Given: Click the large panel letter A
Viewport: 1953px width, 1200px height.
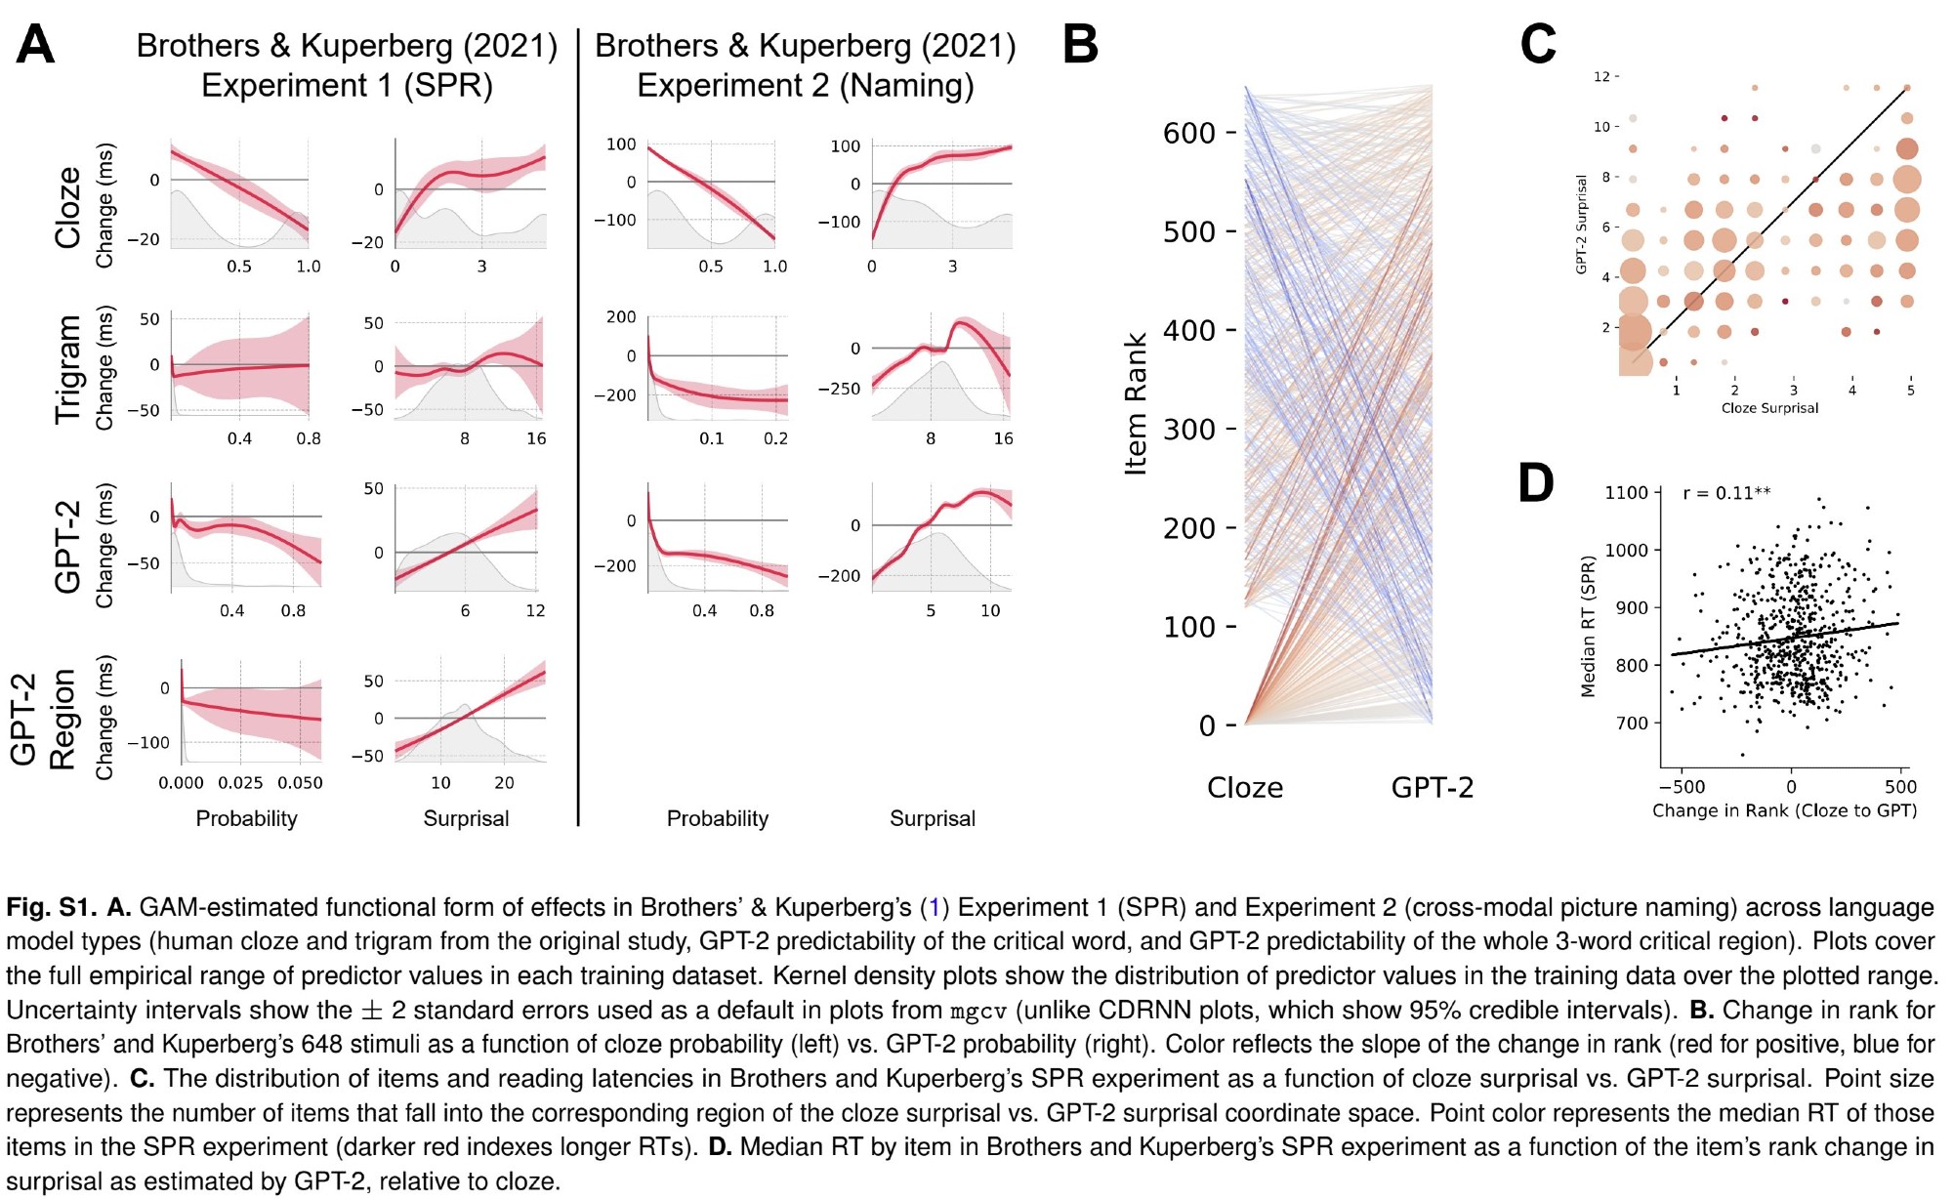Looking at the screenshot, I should pos(35,45).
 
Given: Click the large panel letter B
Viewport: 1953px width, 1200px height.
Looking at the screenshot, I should pos(1080,45).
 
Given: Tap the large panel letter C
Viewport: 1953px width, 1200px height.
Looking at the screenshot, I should pos(1538,45).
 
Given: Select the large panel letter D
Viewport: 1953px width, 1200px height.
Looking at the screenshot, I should pos(1536,483).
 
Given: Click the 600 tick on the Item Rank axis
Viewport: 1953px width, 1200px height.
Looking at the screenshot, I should pos(1188,133).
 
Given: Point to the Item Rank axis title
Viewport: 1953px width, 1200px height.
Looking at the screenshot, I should pos(1135,403).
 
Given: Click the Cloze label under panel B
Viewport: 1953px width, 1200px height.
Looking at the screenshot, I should pos(1245,787).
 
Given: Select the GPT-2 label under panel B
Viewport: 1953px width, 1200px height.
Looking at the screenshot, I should pos(1432,787).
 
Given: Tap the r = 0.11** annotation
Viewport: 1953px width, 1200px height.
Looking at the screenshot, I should pos(1726,493).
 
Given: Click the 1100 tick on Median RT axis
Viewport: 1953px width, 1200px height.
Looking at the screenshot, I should pos(1626,493).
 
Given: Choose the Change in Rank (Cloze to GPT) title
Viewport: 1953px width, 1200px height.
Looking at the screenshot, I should pos(1784,810).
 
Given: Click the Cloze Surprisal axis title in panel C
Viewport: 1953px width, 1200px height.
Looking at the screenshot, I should pos(1769,408).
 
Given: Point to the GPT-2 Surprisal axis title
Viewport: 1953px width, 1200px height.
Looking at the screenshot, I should pos(1581,225).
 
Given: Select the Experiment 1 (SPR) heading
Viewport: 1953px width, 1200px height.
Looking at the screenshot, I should pos(347,86).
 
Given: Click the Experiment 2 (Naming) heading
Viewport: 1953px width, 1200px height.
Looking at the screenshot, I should pos(806,86).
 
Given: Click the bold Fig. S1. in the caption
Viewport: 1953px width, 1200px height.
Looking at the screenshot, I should pos(51,907).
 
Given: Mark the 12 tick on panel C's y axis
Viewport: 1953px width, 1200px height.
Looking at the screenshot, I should pos(1601,77).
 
